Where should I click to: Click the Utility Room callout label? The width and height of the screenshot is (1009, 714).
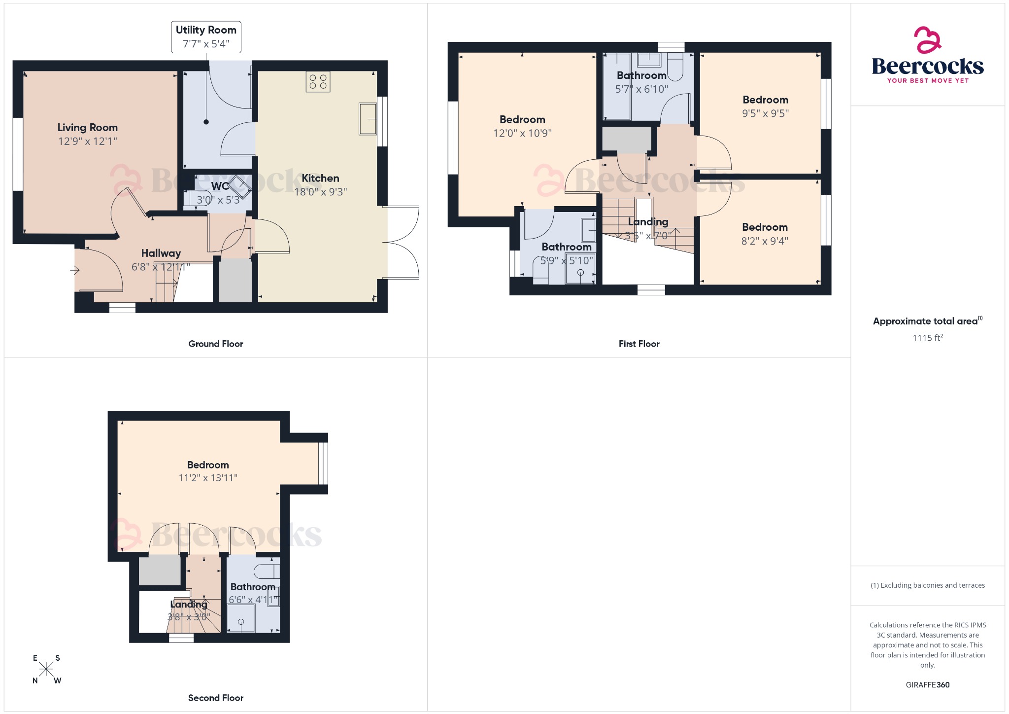tap(206, 36)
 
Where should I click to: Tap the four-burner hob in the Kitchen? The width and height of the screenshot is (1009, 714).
tap(318, 82)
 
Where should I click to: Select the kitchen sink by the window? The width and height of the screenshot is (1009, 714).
tap(368, 118)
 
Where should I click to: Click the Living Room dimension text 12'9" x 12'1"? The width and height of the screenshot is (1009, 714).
tap(88, 142)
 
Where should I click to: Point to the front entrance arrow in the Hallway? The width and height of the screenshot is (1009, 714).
tap(75, 270)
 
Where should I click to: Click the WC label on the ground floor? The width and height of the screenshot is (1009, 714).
tap(220, 186)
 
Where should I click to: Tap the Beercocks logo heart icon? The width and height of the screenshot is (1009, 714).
tap(927, 40)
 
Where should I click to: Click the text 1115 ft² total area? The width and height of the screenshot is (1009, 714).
tap(927, 338)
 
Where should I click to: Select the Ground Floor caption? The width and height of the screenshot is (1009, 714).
tap(215, 344)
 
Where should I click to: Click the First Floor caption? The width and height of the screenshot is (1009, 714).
tap(639, 344)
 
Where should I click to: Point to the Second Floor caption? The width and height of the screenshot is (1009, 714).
tap(215, 698)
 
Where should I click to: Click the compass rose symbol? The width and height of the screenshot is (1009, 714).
tap(46, 669)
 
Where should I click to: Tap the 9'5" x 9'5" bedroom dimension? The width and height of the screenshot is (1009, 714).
tap(765, 113)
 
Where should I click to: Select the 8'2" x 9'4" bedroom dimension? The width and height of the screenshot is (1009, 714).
tap(765, 241)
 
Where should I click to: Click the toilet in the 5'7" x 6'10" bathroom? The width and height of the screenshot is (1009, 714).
tap(675, 68)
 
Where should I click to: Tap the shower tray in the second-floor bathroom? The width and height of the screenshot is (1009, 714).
tap(241, 618)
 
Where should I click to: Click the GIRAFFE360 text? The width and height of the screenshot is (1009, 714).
tap(927, 684)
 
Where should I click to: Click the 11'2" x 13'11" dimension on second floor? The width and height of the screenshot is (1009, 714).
tap(208, 478)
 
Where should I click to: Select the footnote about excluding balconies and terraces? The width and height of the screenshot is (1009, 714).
tap(927, 585)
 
